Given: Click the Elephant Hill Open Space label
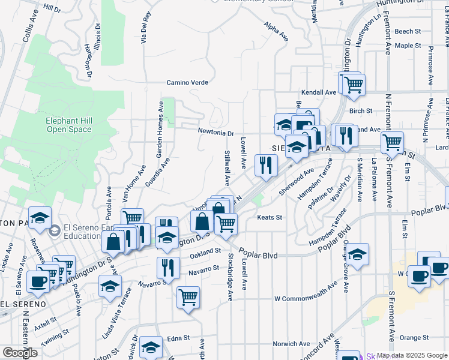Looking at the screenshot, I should click(x=69, y=124).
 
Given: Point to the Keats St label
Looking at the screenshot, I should click(x=270, y=217).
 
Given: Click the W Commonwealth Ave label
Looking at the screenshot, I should click(x=314, y=298).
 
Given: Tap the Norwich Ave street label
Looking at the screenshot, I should click(x=291, y=344).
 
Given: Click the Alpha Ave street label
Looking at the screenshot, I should click(x=276, y=31).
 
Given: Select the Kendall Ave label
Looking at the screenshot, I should click(x=319, y=92).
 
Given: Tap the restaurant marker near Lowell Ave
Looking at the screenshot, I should click(x=266, y=164).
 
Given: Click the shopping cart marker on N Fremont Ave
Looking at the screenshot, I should click(x=392, y=143).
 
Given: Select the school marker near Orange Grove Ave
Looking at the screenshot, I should click(x=357, y=254).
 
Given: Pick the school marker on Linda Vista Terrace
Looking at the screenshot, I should click(x=110, y=286).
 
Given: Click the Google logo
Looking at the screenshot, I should click(x=20, y=353).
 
